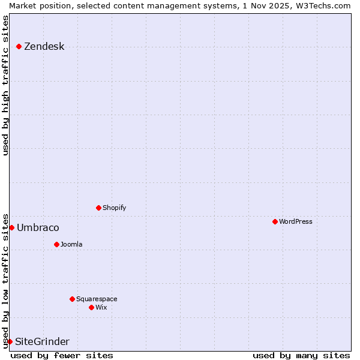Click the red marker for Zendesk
coord(19,46)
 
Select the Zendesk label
coord(44,47)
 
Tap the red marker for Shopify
coord(98,208)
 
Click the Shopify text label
coord(114,208)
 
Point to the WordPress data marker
coord(275,221)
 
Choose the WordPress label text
coord(295,222)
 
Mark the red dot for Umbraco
coord(11,227)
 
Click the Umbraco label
coord(38,228)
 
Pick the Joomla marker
coord(56,244)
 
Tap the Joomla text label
coord(71,245)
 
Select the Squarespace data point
coord(72,299)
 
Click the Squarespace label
coord(97,299)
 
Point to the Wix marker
coord(91,307)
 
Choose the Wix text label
coord(101,308)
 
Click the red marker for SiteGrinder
coord(10,341)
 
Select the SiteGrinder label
coord(42,342)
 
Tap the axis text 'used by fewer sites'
coord(62,355)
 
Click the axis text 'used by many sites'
coord(301,355)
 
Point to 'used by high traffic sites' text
coord(5,85)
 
